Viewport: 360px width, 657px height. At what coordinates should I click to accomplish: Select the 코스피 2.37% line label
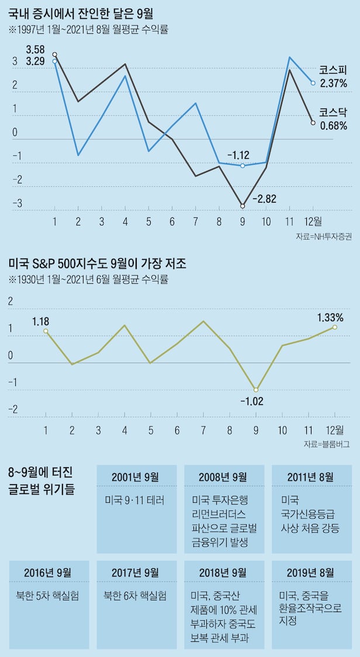tap(334, 77)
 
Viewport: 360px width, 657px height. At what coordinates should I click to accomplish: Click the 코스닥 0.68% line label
tap(334, 118)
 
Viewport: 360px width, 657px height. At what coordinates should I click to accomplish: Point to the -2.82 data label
tap(265, 199)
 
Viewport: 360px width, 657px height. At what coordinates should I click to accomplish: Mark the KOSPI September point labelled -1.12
tap(243, 166)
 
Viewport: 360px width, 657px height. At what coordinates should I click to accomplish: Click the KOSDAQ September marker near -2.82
tap(243, 206)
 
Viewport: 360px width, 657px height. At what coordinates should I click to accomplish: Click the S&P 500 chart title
tap(98, 264)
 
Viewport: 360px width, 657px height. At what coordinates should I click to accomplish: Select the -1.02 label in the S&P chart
tap(252, 401)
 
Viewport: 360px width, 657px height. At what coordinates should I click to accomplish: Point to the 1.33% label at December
tap(330, 318)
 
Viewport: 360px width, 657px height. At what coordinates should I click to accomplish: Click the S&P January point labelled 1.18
tap(46, 331)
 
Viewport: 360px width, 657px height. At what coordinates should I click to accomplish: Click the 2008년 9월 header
tap(223, 477)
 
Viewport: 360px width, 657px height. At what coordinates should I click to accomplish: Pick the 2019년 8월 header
tap(310, 572)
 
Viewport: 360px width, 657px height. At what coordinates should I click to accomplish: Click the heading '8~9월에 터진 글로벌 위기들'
tap(42, 481)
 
